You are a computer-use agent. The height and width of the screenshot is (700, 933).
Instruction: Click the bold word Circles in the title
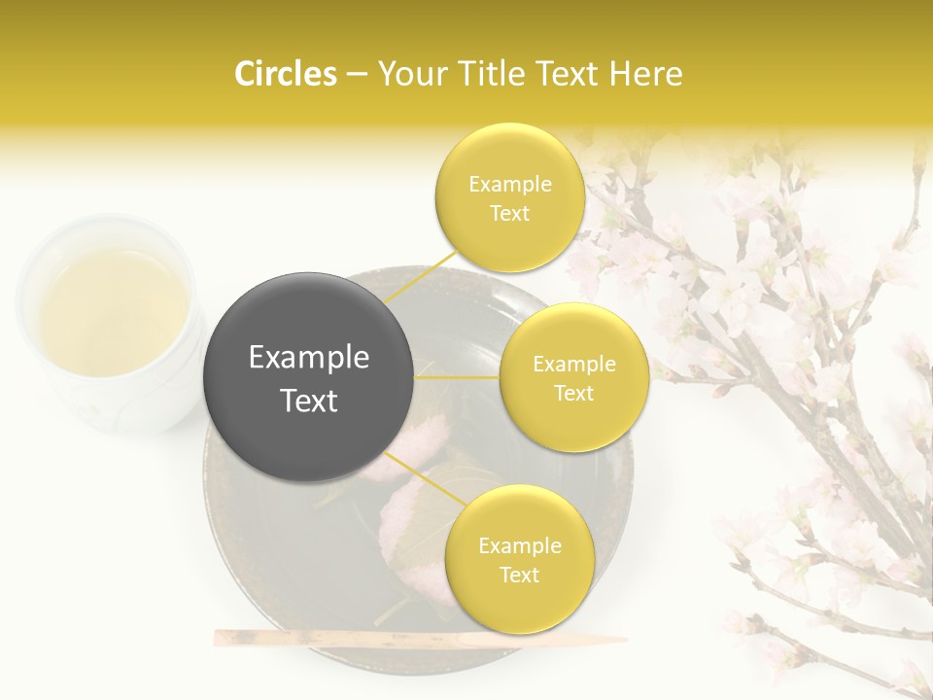coord(286,74)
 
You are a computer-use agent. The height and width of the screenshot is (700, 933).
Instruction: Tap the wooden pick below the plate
coord(418,639)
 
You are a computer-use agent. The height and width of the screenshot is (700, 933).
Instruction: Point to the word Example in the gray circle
coord(309,358)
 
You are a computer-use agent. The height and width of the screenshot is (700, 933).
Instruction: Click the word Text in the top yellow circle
coord(509,214)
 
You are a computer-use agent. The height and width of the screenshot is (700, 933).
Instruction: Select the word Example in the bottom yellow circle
coord(519,546)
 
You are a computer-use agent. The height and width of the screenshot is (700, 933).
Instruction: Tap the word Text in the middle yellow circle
coord(574,394)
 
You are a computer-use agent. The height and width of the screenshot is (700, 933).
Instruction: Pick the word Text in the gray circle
coord(309,401)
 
